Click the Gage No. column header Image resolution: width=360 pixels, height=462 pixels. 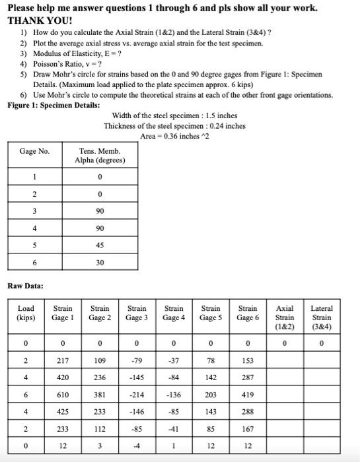pos(34,151)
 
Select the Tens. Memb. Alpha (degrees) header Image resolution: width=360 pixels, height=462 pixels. pos(99,155)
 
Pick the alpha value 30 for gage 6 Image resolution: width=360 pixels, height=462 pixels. pos(99,262)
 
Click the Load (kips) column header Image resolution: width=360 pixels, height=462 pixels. pos(26,313)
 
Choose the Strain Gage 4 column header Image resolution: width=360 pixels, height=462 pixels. pos(174,313)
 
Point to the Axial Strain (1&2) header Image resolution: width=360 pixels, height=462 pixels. pos(285,317)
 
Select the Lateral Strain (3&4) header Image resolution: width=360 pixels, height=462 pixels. pos(321,317)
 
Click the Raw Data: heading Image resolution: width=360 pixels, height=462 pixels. pos(26,286)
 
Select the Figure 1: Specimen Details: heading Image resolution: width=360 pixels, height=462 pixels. pos(54,106)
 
